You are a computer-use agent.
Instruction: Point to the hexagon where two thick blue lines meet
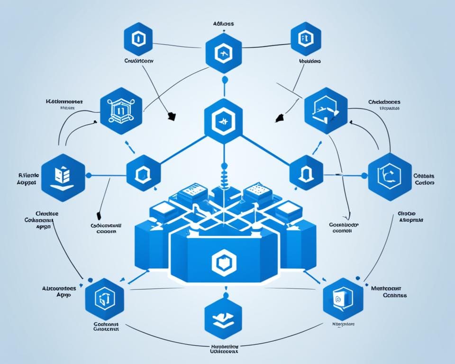tap(223, 121)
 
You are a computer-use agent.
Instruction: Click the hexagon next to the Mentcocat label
tap(343, 299)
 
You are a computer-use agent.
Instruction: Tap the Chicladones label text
tap(384, 101)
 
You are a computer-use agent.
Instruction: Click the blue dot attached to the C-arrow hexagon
tap(364, 175)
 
